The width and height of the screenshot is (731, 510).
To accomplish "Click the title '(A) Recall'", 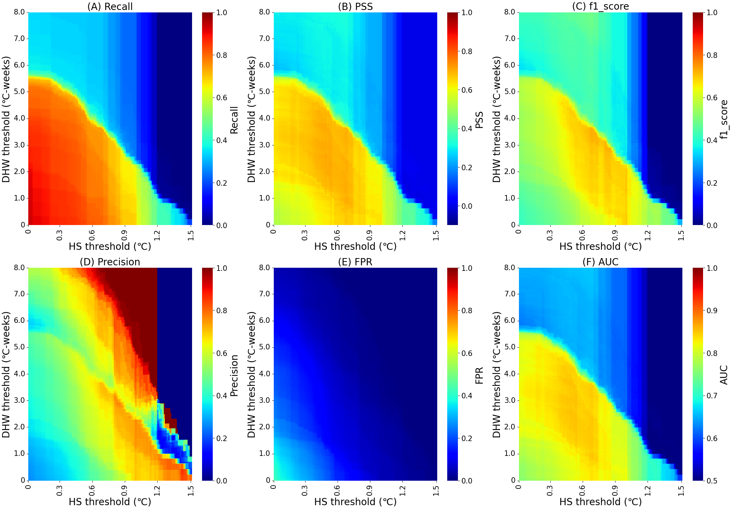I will tap(110, 7).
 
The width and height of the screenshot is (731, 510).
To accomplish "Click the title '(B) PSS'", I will tap(355, 7).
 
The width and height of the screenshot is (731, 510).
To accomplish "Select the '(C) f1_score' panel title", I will tap(600, 7).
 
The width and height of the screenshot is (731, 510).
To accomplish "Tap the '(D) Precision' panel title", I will tap(110, 262).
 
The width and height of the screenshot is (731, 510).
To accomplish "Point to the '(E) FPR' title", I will tap(355, 262).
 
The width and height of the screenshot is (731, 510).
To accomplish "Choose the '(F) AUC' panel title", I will tap(600, 262).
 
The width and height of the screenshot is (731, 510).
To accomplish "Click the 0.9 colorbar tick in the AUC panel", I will tap(712, 310).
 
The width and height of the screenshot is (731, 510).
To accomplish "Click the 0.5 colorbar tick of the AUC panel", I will tap(712, 481).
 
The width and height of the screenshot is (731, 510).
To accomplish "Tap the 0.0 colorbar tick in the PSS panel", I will tap(467, 206).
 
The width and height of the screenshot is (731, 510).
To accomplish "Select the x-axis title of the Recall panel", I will tap(110, 246).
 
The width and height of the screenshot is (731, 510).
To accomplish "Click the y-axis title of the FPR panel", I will tap(251, 375).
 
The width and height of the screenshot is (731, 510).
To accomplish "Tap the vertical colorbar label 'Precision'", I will tap(234, 376).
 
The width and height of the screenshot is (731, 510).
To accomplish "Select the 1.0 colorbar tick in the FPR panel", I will tap(467, 268).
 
